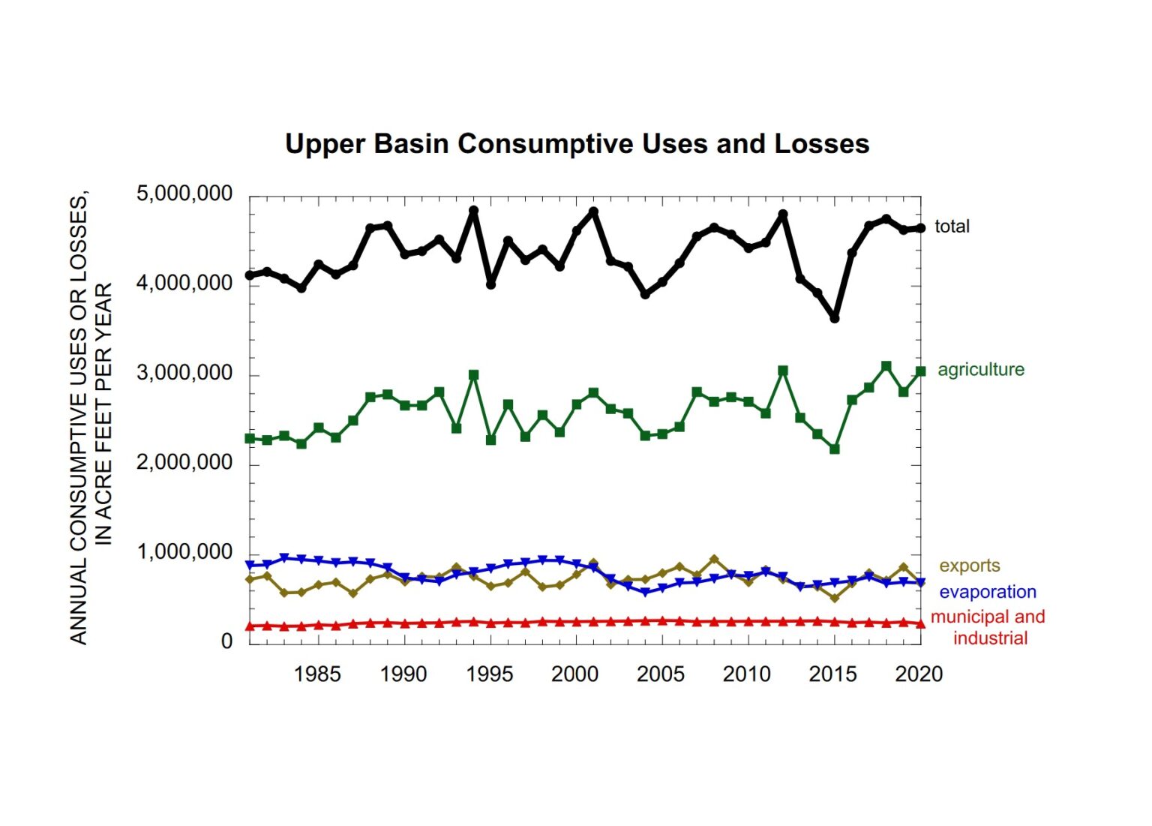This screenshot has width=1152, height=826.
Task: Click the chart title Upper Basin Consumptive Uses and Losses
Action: [577, 143]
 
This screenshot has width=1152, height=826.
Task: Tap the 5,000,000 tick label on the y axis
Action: [184, 194]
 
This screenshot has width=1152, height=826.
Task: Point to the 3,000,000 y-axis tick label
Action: [184, 373]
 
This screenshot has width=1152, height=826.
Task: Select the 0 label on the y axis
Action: [226, 642]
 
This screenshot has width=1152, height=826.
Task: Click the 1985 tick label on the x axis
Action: [317, 674]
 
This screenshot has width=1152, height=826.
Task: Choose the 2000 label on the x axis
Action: [574, 674]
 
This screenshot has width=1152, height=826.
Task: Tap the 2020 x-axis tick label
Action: [919, 674]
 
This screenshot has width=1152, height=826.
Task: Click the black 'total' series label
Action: [952, 226]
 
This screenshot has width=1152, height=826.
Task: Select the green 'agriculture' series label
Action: [980, 369]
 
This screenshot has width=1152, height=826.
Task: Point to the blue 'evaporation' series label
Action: [987, 592]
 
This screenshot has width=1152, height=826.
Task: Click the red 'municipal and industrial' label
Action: [988, 627]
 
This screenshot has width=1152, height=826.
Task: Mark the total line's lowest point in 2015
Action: [835, 318]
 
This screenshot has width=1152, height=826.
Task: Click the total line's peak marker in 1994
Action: [473, 211]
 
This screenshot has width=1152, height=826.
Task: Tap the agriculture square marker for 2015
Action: [835, 449]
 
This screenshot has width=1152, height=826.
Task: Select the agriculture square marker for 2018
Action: [886, 366]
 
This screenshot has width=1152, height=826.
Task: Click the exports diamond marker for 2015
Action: [835, 598]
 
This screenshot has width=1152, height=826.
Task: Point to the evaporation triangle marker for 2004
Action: [645, 593]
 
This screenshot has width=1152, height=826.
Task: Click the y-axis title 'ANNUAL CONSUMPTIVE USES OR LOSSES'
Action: [79, 420]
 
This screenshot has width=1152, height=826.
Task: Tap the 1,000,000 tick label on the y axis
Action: [184, 552]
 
